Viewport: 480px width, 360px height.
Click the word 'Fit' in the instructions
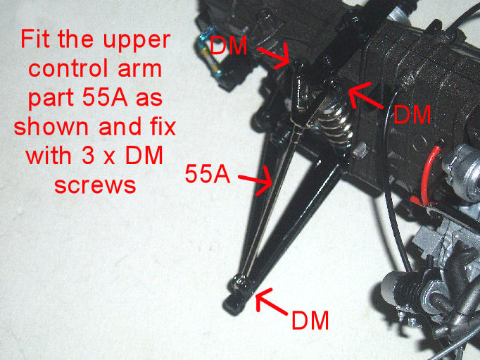(x=36, y=39)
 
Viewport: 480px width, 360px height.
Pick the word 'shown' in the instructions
(x=51, y=127)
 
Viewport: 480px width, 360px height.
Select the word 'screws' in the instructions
(x=95, y=186)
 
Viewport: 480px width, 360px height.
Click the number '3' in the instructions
(x=88, y=156)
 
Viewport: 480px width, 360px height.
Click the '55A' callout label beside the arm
(x=207, y=174)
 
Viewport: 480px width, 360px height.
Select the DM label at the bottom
(x=310, y=321)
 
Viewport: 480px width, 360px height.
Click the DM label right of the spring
(x=412, y=114)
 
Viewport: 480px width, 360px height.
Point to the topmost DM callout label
(x=228, y=46)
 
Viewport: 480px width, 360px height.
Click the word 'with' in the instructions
(x=49, y=156)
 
